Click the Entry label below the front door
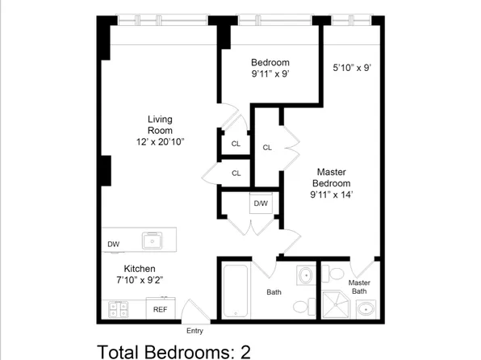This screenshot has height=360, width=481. pos(194,331)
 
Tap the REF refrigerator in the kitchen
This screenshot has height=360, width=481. pos(161,308)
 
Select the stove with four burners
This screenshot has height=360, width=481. pos(119,309)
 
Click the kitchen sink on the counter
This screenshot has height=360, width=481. pos(153,241)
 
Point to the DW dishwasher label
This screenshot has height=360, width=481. pos(114,245)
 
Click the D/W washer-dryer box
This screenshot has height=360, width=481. pos(261,203)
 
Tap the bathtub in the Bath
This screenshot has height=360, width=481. pos(236,291)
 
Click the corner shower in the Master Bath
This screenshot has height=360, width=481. pos(336,304)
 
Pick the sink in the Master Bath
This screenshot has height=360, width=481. pos(366,309)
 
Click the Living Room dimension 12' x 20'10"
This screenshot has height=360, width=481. pos(160,142)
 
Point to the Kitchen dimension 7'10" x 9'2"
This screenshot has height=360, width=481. pos(140,280)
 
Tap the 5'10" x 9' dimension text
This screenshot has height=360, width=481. pos(352,68)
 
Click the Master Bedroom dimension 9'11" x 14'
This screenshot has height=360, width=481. pos(332,195)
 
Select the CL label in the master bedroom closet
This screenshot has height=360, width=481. pos(267,148)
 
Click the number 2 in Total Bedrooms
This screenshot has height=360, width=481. pos(245,352)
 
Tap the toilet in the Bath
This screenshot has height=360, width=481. pos(304,306)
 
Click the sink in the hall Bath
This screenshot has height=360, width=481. pos(306,275)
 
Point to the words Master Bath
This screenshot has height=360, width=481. pos(359,287)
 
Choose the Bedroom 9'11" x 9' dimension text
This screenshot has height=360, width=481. pos(270,74)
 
